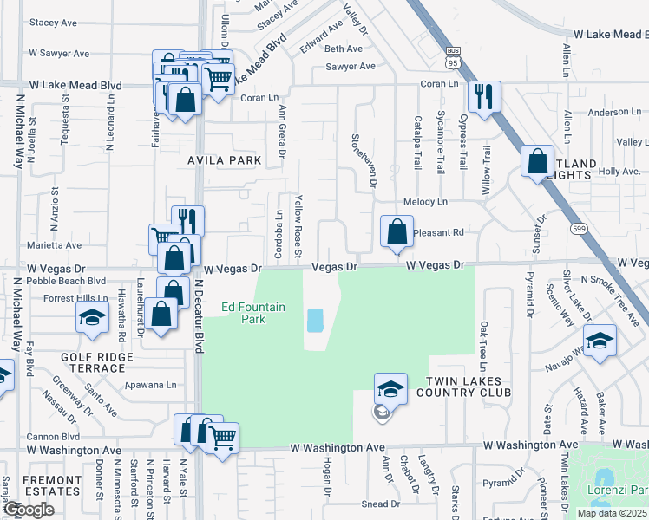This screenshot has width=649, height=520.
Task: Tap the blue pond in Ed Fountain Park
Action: [x=315, y=321]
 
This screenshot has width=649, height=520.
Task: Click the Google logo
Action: [x=29, y=510]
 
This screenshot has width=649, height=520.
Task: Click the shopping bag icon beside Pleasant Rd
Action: [x=397, y=231]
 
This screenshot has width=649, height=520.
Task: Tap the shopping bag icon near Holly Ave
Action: [x=537, y=160]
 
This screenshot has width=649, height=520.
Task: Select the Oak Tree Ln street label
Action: [x=483, y=342]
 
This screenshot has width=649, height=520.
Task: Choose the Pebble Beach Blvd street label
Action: [x=66, y=281]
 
